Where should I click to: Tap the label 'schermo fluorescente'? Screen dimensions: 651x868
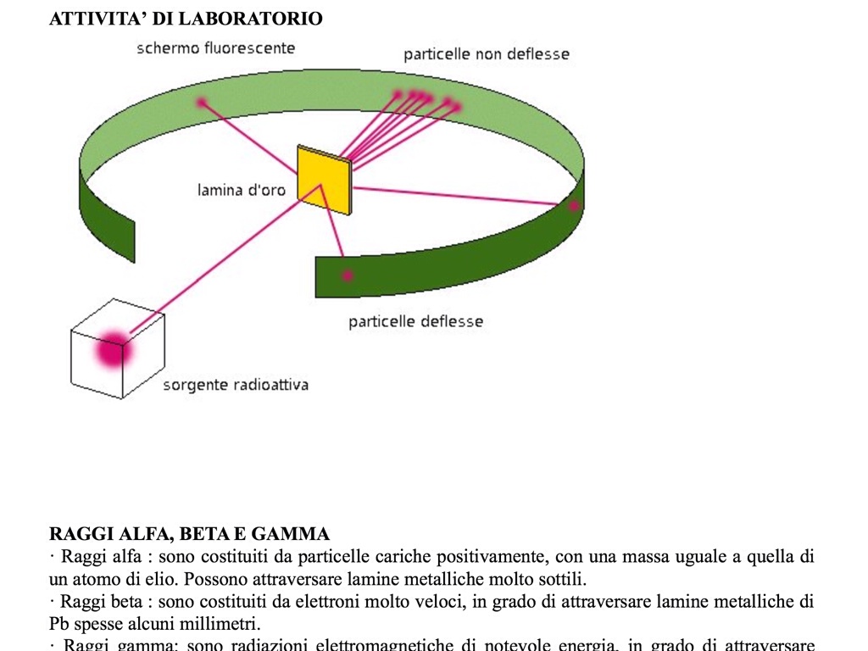216,48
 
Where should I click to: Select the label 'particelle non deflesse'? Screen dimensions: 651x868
487,55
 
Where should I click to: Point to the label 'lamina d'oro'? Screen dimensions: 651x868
242,191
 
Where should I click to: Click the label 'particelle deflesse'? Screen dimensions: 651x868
415,322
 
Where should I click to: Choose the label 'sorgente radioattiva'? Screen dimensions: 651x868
236,386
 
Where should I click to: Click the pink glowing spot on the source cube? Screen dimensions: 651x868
112,349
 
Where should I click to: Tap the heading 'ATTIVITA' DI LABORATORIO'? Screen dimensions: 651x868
186,19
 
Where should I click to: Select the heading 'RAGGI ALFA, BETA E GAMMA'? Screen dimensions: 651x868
189,534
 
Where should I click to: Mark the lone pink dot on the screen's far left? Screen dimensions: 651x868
202,103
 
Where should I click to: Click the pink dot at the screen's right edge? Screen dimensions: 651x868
574,205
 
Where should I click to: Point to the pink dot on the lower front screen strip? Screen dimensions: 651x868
347,275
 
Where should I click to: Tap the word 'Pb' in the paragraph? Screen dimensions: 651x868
58,624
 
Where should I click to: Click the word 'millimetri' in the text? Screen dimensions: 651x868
224,624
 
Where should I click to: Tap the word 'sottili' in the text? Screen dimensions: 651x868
561,580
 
